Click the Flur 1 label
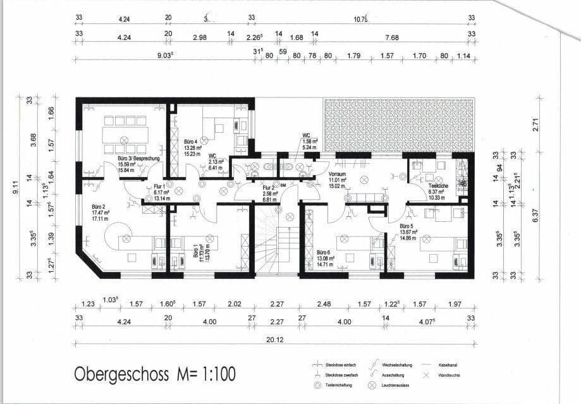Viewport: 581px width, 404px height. [x=159, y=187]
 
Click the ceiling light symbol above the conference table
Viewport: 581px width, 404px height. [x=125, y=139]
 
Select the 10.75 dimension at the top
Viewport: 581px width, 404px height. [x=360, y=19]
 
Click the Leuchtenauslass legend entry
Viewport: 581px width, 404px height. [x=395, y=384]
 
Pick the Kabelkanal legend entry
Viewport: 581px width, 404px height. [x=453, y=365]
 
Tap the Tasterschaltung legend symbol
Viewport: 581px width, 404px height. [x=318, y=384]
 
